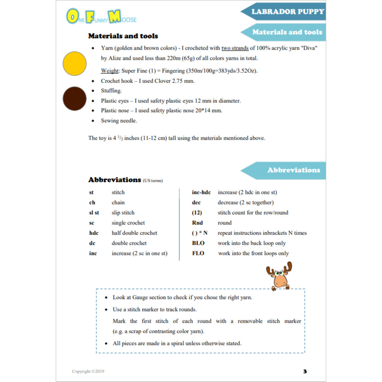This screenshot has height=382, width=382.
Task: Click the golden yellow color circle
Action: click(x=74, y=63)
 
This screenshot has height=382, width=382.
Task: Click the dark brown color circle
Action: click(x=74, y=99)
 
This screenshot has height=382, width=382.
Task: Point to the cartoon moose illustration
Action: click(x=279, y=276)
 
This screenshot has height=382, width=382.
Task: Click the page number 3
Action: click(x=305, y=371)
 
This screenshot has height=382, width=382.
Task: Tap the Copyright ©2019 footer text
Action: click(x=88, y=371)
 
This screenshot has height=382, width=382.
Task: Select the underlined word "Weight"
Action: click(x=109, y=71)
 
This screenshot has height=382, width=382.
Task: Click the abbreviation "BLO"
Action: click(x=198, y=243)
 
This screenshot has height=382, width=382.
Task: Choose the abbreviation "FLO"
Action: click(x=198, y=253)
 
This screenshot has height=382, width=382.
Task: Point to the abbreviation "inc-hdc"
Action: click(x=201, y=193)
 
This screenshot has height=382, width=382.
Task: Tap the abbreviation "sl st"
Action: click(x=94, y=213)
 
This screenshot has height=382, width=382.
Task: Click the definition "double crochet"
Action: click(x=129, y=243)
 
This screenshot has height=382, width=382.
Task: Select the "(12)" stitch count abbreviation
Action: click(x=197, y=213)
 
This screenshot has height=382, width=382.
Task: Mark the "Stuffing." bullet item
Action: click(x=111, y=91)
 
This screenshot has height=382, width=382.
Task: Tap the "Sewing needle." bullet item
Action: click(x=119, y=121)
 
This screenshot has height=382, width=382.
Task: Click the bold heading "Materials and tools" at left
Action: click(x=123, y=36)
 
